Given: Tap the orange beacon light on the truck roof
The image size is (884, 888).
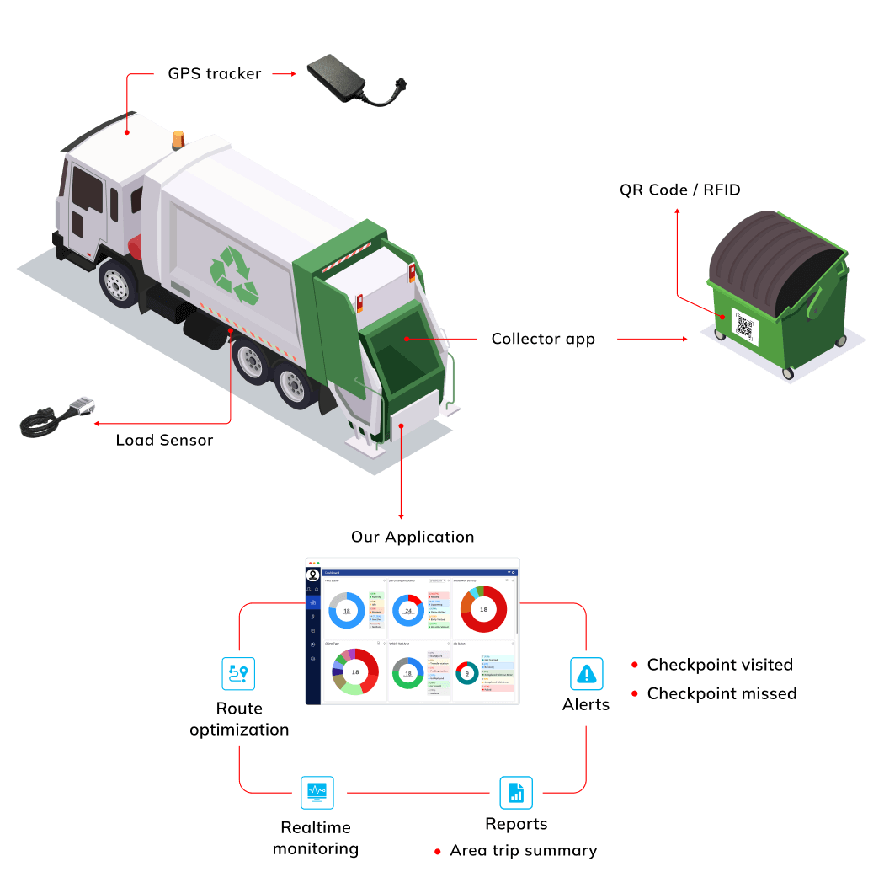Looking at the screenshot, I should (178, 140).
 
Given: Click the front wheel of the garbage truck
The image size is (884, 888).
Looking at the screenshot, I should (117, 282).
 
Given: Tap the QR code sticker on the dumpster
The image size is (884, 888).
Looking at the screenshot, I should (744, 324).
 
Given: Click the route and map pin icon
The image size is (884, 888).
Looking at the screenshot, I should (238, 673).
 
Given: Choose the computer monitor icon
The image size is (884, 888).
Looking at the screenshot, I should (317, 792).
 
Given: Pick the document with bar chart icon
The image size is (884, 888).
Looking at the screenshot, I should (515, 792).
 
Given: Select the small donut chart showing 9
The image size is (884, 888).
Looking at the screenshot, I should (467, 673).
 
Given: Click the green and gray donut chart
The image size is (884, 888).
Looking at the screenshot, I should (408, 674).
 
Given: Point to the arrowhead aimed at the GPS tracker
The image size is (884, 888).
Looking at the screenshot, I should (294, 74).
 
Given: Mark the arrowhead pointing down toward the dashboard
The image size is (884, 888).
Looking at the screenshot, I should (402, 516).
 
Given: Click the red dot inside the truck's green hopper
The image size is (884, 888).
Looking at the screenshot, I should (405, 339).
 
